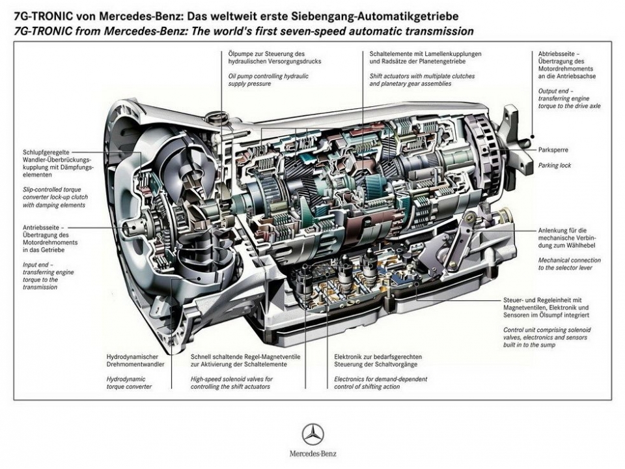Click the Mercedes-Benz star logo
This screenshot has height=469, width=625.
pyautogui.click(x=312, y=434)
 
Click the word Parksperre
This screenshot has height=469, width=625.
pyautogui.click(x=553, y=150)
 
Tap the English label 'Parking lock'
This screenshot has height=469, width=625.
pyautogui.click(x=555, y=165)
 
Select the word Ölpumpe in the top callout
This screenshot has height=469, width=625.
pyautogui.click(x=241, y=54)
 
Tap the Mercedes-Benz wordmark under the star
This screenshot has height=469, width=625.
pyautogui.click(x=313, y=453)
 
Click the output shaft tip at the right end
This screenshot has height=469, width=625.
pyautogui.click(x=531, y=138)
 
